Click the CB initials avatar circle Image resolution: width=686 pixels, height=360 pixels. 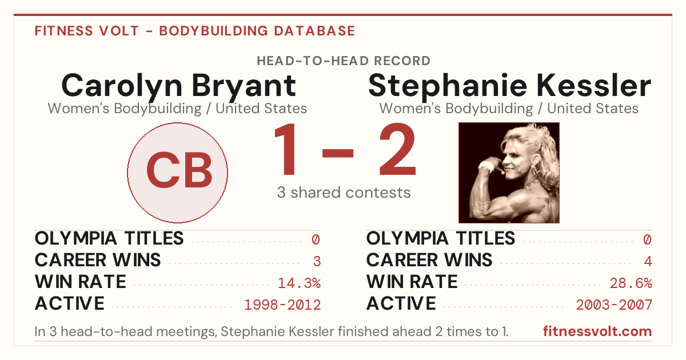point(178,173)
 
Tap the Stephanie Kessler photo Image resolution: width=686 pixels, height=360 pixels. point(509,173)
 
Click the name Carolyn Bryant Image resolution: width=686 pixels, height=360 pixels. point(178,87)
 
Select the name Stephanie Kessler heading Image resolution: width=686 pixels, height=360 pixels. point(509,86)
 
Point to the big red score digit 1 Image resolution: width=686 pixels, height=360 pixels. point(285,149)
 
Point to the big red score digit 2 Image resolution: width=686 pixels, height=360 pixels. point(397,149)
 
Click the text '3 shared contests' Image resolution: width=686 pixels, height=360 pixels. point(344,193)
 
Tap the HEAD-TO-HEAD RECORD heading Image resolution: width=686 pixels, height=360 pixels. point(344,61)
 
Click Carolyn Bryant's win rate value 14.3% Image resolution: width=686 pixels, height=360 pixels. point(299,283)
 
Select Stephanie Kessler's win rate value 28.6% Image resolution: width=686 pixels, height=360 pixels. point(631,283)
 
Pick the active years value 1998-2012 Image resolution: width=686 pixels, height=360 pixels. point(282,305)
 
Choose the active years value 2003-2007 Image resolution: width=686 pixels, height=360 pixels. point(614,305)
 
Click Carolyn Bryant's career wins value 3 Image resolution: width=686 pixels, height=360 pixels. point(317,262)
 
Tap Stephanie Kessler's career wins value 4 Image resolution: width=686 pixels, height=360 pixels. point(648,262)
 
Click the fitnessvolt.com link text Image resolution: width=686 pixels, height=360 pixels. point(597,331)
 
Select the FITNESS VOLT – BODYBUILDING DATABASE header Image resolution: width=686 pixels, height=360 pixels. point(195,31)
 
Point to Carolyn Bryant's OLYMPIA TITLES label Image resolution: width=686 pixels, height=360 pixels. point(109,238)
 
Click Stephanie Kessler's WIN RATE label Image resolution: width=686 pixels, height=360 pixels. point(412,282)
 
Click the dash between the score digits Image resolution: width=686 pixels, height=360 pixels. point(338,153)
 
